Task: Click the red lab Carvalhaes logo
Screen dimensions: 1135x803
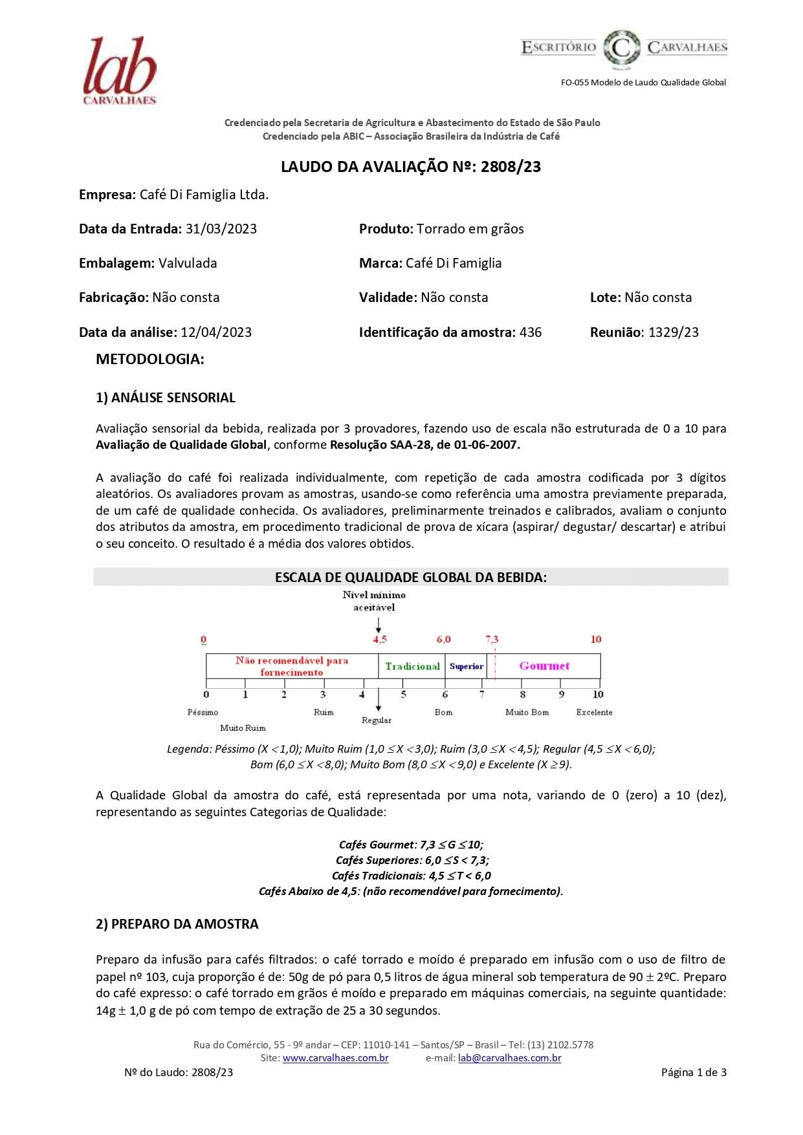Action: [120, 70]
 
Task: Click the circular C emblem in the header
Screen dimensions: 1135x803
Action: [621, 48]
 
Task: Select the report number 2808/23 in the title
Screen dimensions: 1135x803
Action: [511, 167]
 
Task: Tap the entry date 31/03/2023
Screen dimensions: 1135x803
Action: [221, 229]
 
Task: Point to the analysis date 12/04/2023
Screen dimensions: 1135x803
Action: [216, 332]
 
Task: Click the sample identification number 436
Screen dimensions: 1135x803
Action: [531, 332]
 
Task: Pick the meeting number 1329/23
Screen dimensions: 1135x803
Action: [674, 332]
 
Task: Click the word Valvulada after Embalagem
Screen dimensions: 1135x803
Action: [188, 263]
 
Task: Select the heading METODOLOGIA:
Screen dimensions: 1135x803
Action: [150, 360]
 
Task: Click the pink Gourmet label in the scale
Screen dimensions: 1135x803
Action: [544, 666]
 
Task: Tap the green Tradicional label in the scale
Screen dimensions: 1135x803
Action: [412, 666]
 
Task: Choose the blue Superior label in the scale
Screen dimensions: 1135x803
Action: [467, 666]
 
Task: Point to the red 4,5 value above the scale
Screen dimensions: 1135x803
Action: [380, 640]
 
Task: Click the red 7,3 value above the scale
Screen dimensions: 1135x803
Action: [492, 640]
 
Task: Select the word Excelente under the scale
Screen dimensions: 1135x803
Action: [594, 712]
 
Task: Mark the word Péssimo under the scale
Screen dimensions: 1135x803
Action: [203, 712]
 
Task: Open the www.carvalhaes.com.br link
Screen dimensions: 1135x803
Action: [335, 1058]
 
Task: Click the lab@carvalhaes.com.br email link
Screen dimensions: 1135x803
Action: [509, 1058]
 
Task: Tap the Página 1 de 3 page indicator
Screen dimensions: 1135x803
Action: [694, 1072]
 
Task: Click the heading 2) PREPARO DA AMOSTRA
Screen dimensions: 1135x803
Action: [177, 924]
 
